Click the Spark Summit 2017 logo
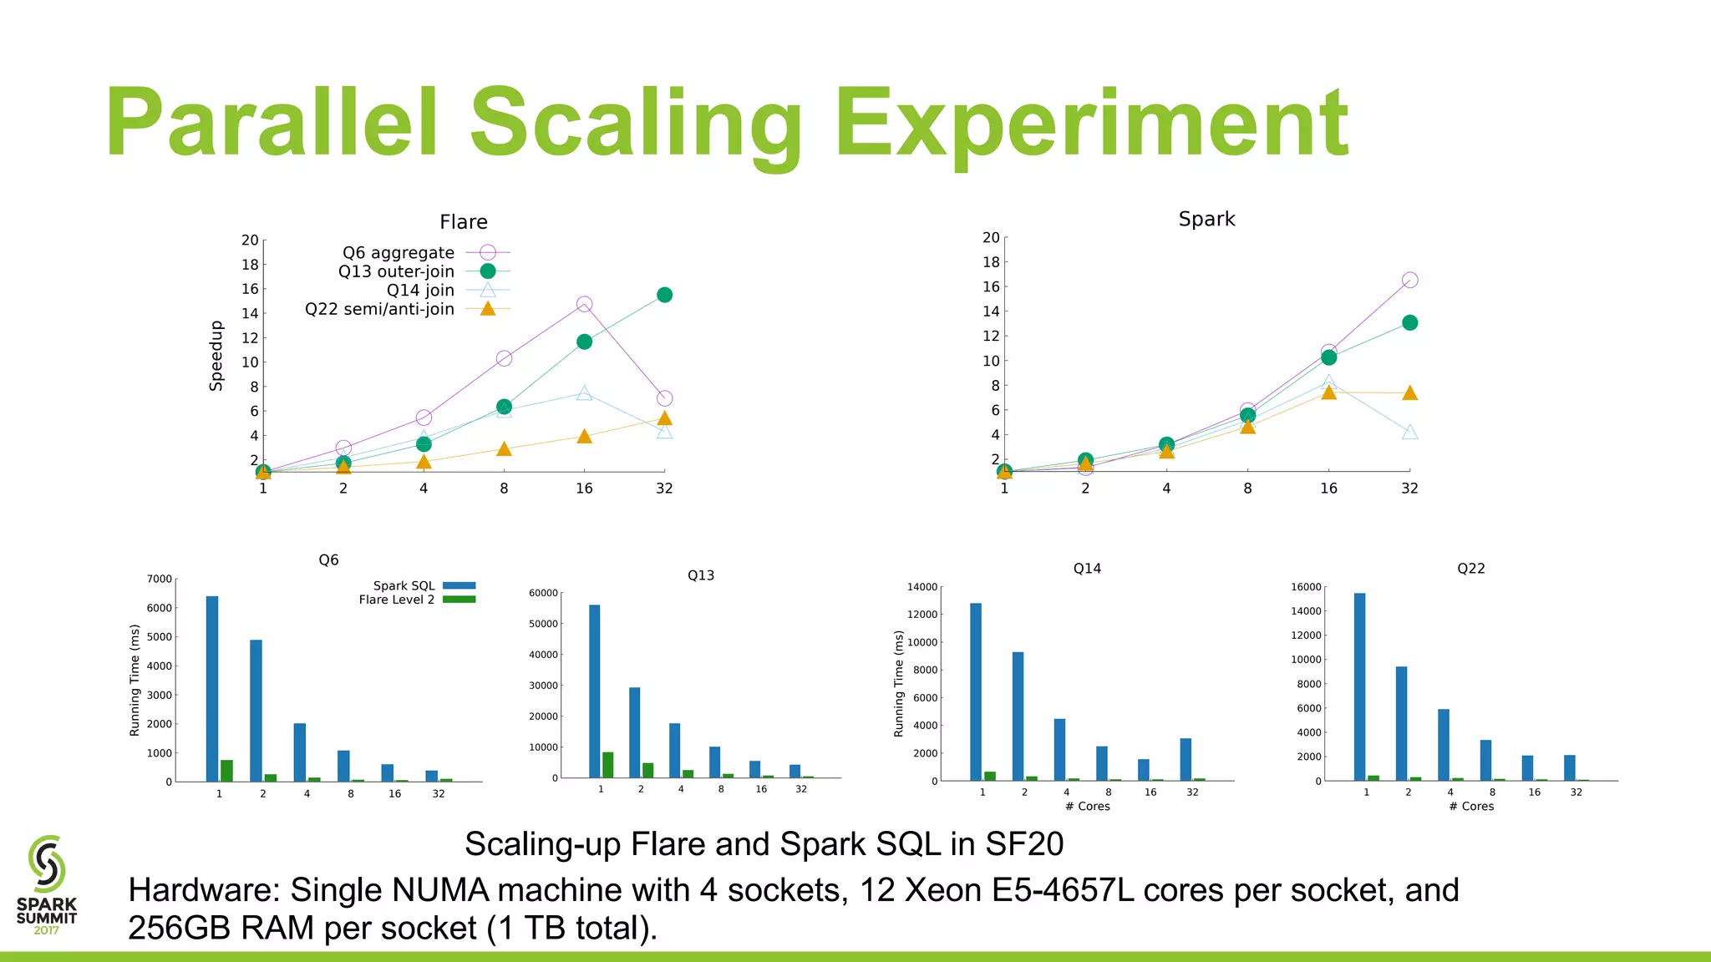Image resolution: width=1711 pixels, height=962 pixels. click(47, 885)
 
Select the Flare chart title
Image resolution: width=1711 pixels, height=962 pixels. click(464, 222)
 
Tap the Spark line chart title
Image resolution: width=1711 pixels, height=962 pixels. click(1206, 219)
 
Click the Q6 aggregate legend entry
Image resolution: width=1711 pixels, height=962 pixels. click(399, 253)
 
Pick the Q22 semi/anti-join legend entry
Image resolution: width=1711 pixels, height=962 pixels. click(380, 309)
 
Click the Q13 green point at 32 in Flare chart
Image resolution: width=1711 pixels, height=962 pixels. click(664, 295)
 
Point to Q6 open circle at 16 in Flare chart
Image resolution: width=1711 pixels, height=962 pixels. click(584, 305)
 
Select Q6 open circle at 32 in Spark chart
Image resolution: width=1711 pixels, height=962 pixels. click(1409, 280)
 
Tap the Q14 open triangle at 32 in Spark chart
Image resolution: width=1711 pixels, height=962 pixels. click(1409, 433)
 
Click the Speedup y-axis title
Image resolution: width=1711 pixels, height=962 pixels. click(216, 356)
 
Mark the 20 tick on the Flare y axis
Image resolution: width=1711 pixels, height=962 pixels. click(250, 240)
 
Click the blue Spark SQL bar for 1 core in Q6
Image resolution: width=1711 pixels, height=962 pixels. click(212, 688)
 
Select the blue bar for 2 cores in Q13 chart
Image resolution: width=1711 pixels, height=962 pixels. click(635, 732)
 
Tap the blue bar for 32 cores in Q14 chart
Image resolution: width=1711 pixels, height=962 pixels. click(1186, 759)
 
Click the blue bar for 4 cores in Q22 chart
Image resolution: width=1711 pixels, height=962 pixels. click(1444, 744)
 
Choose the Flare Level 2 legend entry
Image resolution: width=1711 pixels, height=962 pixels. click(397, 600)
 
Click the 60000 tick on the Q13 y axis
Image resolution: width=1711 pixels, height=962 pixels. click(543, 593)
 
